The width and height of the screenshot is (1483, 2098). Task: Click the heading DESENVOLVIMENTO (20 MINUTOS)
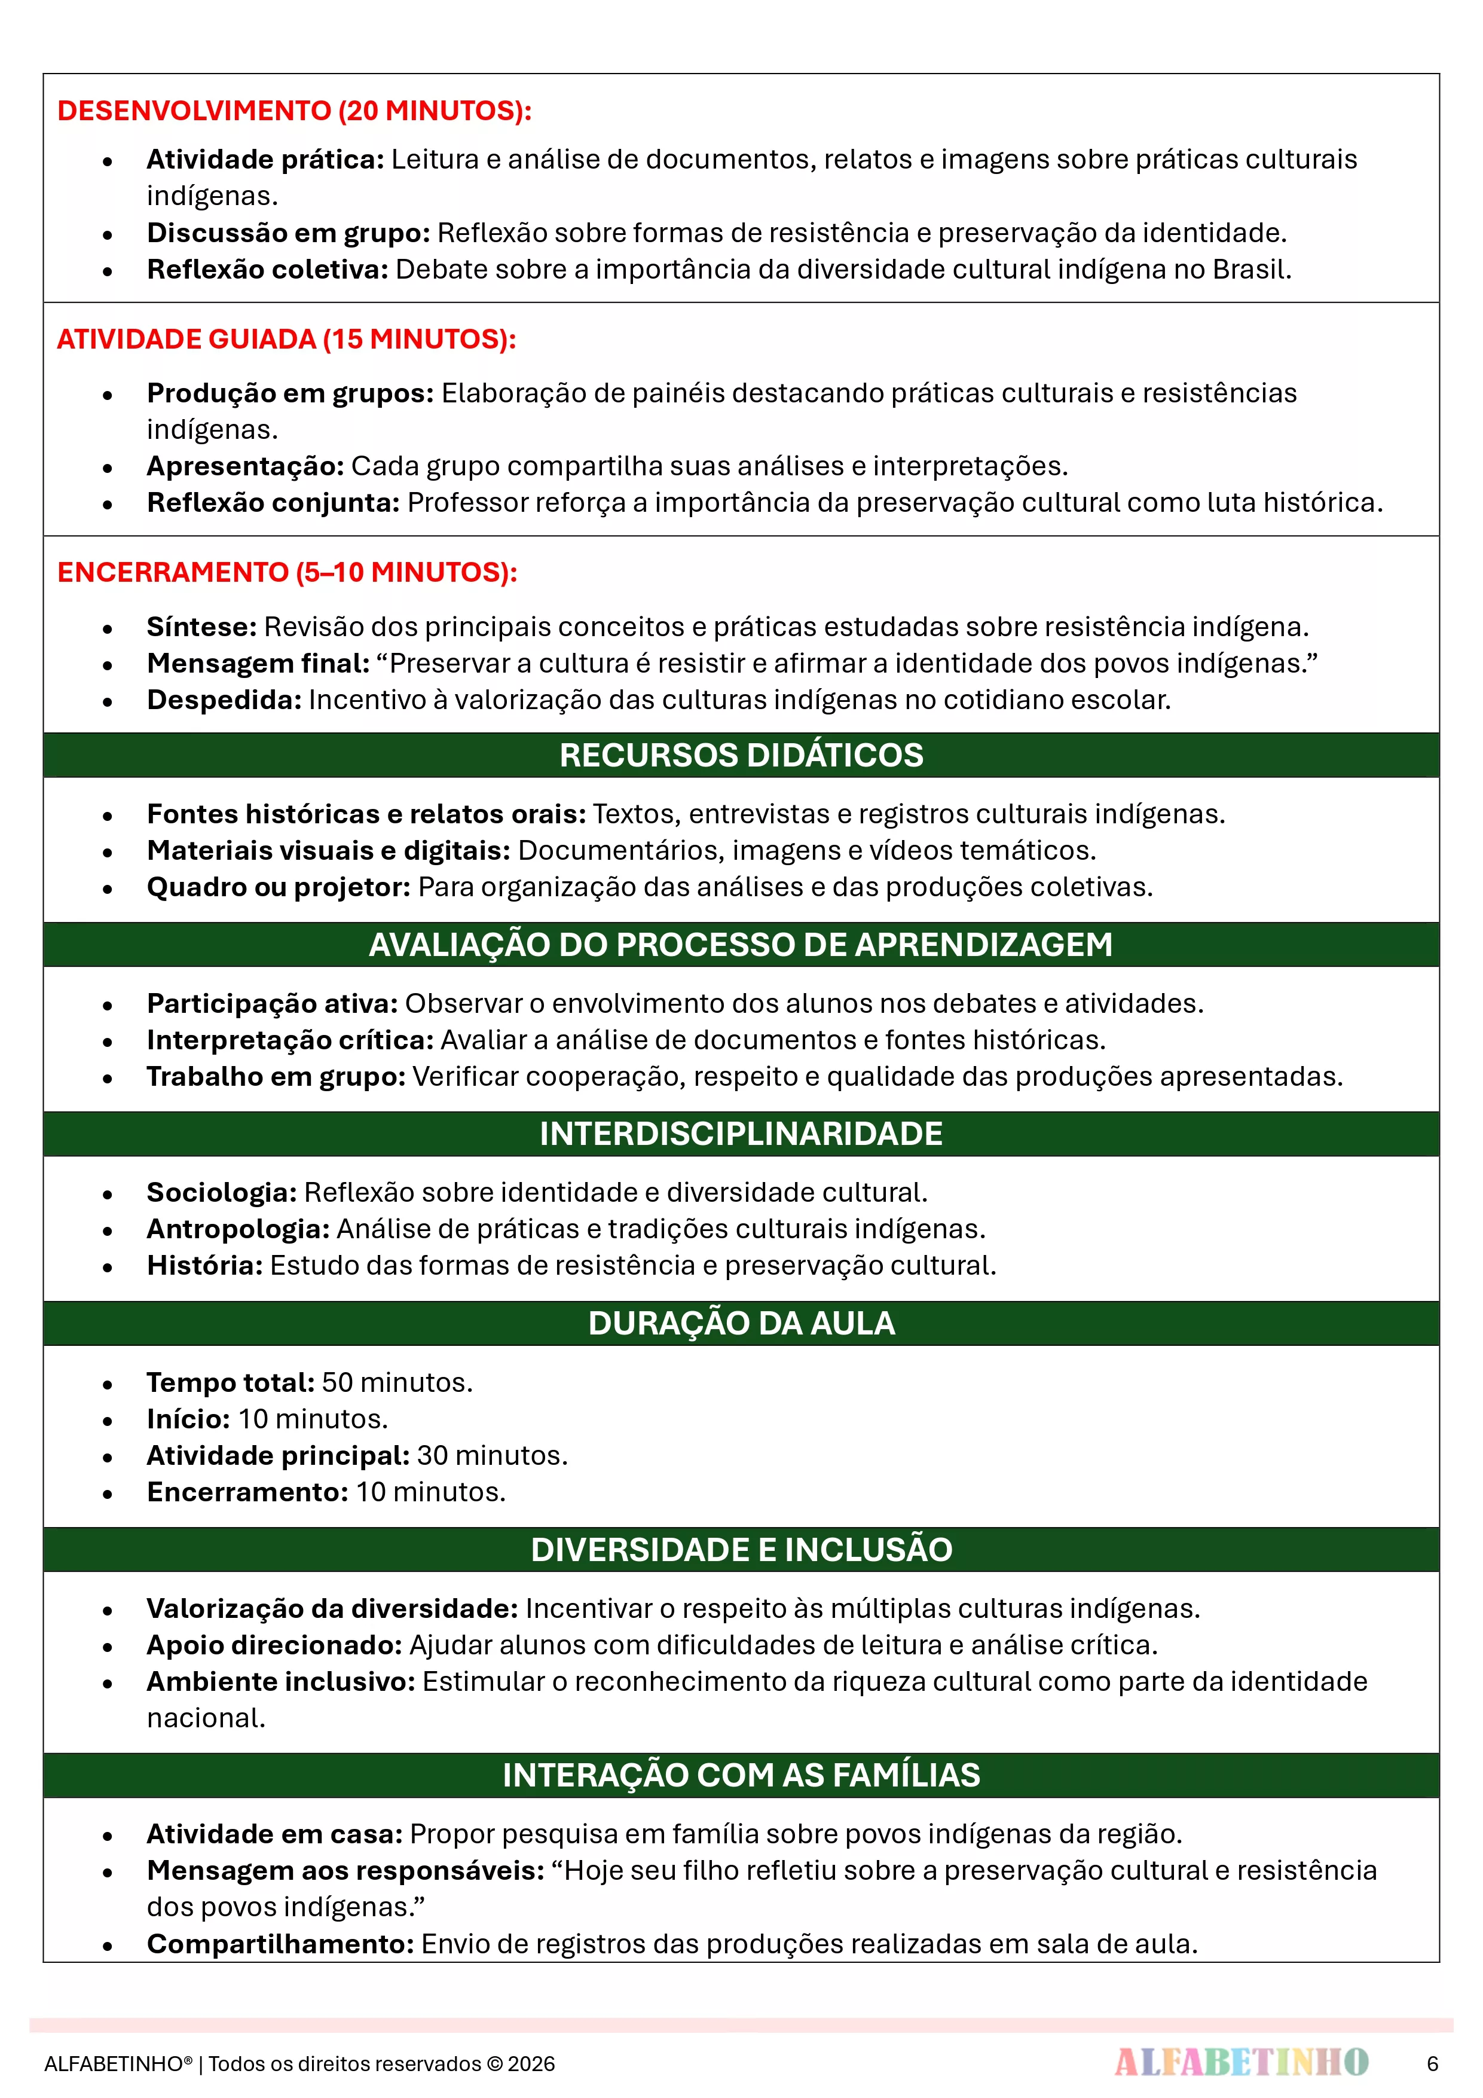tap(294, 111)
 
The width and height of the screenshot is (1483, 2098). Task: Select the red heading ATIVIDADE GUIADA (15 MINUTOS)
tap(286, 339)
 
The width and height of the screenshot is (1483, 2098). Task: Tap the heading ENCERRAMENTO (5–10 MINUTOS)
tap(287, 572)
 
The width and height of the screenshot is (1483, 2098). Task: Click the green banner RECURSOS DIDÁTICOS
tap(741, 755)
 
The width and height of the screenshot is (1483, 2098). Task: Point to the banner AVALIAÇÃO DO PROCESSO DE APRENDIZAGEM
tap(741, 944)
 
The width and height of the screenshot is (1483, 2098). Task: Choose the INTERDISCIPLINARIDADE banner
tap(741, 1133)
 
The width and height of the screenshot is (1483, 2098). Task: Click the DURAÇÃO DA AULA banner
tap(741, 1322)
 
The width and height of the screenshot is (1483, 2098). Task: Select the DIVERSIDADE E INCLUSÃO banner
tap(741, 1549)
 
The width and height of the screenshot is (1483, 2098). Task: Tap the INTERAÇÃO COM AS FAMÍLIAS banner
tap(741, 1775)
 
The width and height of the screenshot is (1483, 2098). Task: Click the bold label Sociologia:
tap(222, 1192)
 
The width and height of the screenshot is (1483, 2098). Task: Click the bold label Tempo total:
tap(230, 1382)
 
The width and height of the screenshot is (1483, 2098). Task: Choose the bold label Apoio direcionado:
tap(274, 1645)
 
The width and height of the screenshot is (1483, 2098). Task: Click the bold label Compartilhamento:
tap(280, 1944)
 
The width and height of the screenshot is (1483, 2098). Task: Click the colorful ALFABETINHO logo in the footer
tap(1241, 2062)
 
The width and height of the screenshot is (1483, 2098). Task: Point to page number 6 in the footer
tap(1432, 2063)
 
